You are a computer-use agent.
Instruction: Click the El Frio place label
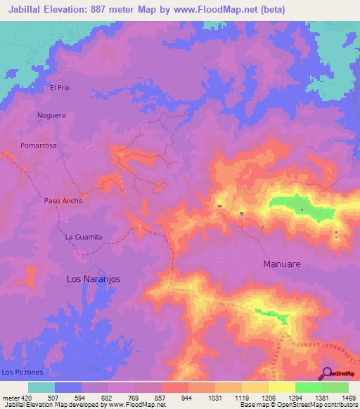coord(60,88)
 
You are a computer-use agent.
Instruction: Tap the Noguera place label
coord(51,115)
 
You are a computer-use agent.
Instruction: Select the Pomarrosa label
coord(38,145)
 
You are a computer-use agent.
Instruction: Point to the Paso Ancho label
coord(63,200)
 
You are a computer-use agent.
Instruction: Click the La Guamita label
coord(84,237)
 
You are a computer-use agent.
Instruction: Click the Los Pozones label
coord(22,371)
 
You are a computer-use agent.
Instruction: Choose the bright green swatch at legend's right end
coord(335,387)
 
